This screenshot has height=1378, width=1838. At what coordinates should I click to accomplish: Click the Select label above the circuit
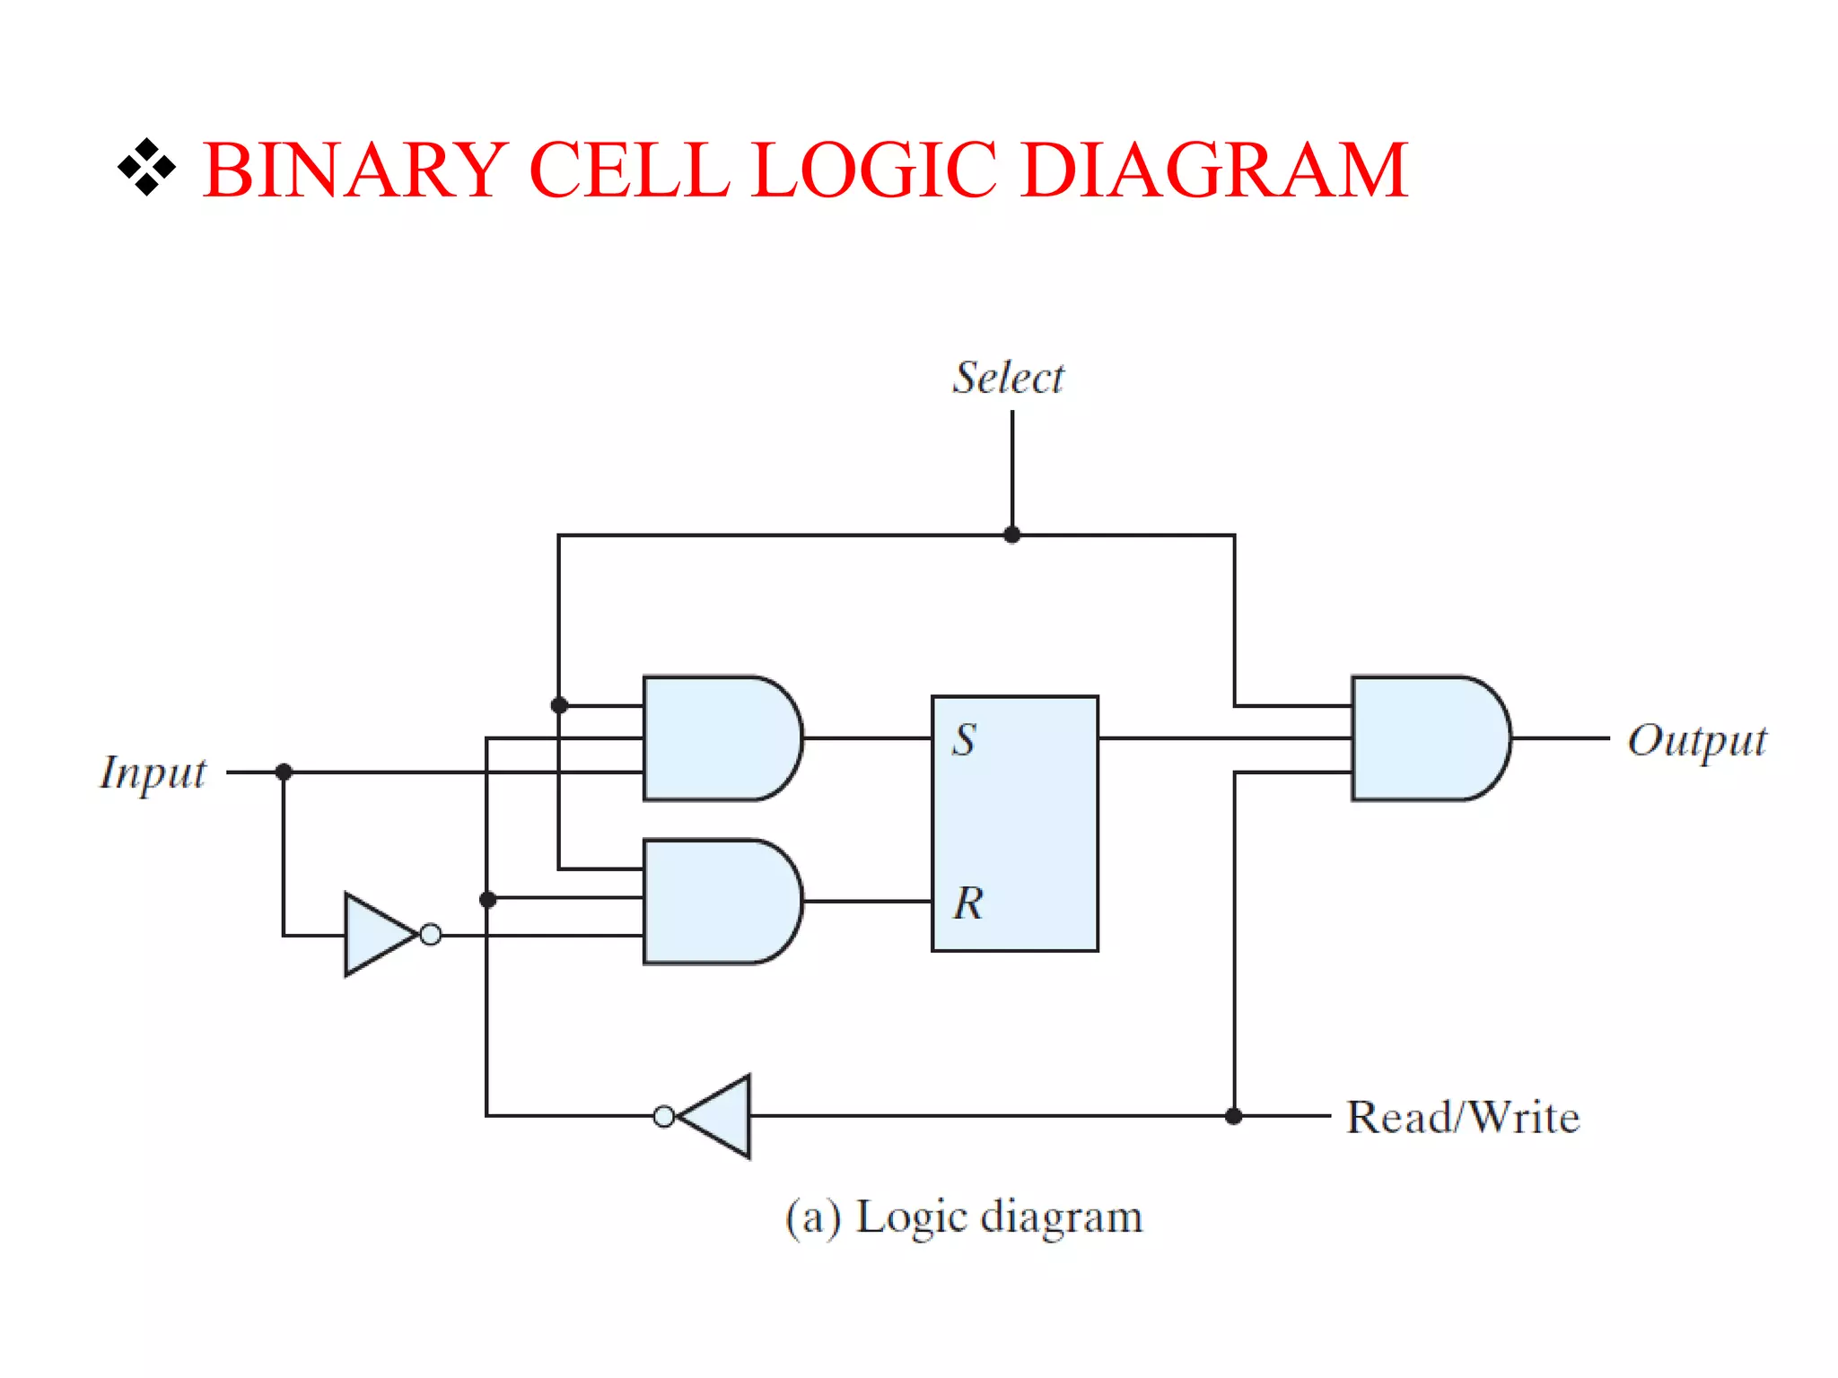tap(1008, 378)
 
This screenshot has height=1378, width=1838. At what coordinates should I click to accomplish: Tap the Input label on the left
tap(153, 772)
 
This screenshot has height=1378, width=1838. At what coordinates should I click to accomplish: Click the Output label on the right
tap(1696, 741)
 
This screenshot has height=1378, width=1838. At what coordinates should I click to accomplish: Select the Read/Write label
tap(1463, 1118)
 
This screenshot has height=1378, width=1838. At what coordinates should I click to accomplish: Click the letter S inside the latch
tap(964, 740)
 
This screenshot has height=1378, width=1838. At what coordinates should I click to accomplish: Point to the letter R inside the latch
tap(967, 903)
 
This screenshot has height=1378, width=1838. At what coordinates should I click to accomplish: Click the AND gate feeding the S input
tap(718, 738)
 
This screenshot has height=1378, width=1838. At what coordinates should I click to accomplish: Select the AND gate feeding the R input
tap(718, 902)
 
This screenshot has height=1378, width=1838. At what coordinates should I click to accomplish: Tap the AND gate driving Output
tap(1427, 738)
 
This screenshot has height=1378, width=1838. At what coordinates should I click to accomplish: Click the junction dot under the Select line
tap(1012, 536)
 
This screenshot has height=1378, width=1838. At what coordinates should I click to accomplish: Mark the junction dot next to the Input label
tap(284, 772)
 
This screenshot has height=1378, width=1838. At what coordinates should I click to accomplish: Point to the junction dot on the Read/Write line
tap(1234, 1116)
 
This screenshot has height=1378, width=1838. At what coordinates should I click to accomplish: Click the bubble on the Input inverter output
tap(431, 935)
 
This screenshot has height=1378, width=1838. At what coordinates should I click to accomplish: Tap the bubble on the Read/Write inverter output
tap(664, 1117)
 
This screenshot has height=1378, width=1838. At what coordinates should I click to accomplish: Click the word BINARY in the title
tap(355, 170)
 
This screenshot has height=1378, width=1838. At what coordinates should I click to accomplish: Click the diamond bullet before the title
tap(146, 168)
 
